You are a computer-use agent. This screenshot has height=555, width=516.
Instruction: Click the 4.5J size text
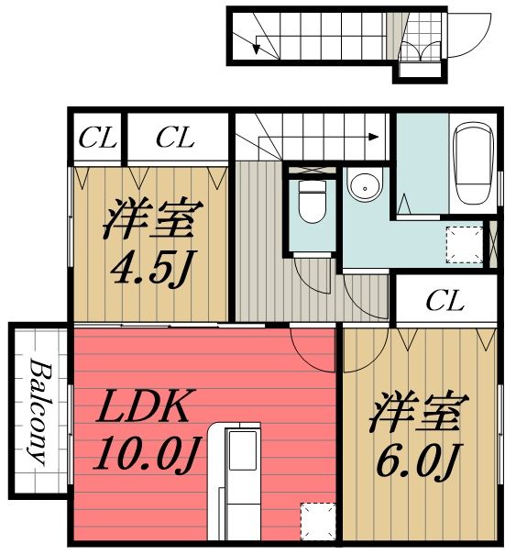tap(153, 267)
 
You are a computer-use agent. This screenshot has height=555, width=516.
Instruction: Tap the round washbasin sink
tap(364, 187)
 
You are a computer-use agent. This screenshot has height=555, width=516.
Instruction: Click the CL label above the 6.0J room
tap(445, 300)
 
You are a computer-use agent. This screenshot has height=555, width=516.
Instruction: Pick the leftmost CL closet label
tap(97, 139)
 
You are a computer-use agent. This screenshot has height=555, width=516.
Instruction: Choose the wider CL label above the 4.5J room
tap(175, 139)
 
